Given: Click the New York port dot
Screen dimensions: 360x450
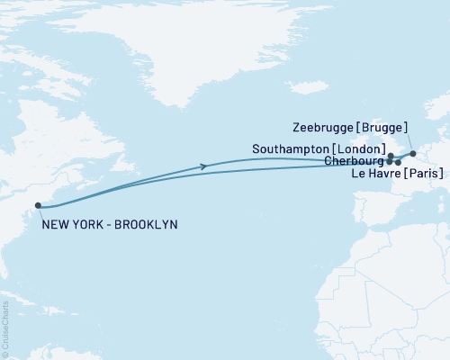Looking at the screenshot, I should (x=38, y=206).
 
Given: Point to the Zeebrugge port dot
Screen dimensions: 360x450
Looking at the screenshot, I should (x=413, y=154).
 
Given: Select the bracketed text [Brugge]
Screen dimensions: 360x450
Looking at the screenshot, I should (x=381, y=128).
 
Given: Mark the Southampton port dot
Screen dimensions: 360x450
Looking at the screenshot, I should (x=391, y=157).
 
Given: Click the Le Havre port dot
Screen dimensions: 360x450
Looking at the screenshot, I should (x=398, y=163).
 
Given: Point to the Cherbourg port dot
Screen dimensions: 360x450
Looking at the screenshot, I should (x=389, y=162).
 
